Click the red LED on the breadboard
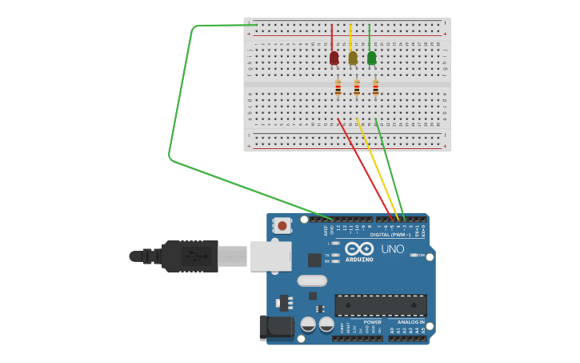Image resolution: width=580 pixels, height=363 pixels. [334, 58]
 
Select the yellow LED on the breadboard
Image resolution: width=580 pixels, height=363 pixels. [353, 58]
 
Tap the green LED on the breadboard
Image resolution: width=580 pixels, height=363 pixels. [371, 58]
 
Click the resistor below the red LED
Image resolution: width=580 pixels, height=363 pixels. [338, 88]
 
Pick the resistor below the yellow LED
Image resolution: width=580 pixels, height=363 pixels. [357, 88]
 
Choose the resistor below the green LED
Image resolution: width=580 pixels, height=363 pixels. [375, 88]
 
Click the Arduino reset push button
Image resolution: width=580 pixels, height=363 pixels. [282, 226]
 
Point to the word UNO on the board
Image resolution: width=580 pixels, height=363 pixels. [393, 249]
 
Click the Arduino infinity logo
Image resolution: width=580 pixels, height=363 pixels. [359, 249]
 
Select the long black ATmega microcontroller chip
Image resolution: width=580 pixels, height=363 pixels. [380, 305]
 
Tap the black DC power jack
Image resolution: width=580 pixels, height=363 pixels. [277, 326]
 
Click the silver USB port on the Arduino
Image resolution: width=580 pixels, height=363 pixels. [270, 256]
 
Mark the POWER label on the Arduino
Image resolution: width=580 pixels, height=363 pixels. [372, 322]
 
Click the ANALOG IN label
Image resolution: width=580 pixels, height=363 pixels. [411, 322]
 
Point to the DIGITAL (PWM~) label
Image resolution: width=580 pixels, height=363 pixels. [390, 235]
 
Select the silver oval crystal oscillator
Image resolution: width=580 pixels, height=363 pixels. [312, 280]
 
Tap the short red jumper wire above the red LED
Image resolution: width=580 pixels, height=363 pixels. [332, 38]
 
